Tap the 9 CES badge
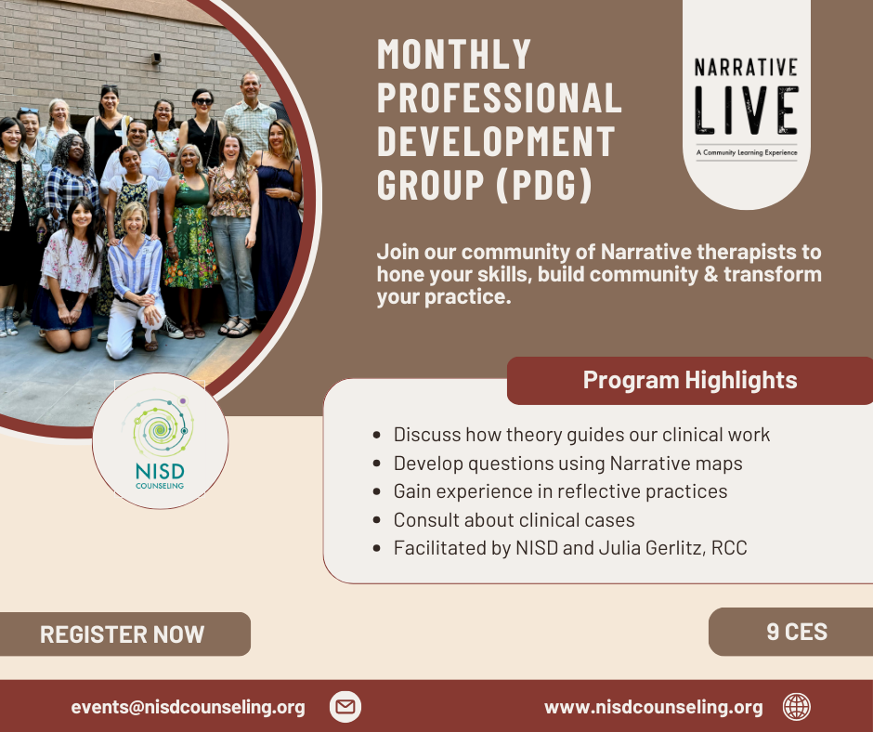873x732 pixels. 791,632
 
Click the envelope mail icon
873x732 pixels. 345,707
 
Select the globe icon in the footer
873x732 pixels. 797,707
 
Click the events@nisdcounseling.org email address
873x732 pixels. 189,707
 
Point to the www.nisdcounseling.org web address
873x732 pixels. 654,707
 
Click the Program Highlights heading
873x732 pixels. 690,380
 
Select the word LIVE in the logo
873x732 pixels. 746,111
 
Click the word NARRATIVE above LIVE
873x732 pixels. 746,68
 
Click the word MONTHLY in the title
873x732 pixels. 454,54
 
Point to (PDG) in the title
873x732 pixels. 544,185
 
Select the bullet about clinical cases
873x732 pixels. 514,520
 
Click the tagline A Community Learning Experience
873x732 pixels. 747,152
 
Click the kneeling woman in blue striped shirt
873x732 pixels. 137,279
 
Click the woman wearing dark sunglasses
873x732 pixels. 203,127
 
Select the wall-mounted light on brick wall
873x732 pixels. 156,59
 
